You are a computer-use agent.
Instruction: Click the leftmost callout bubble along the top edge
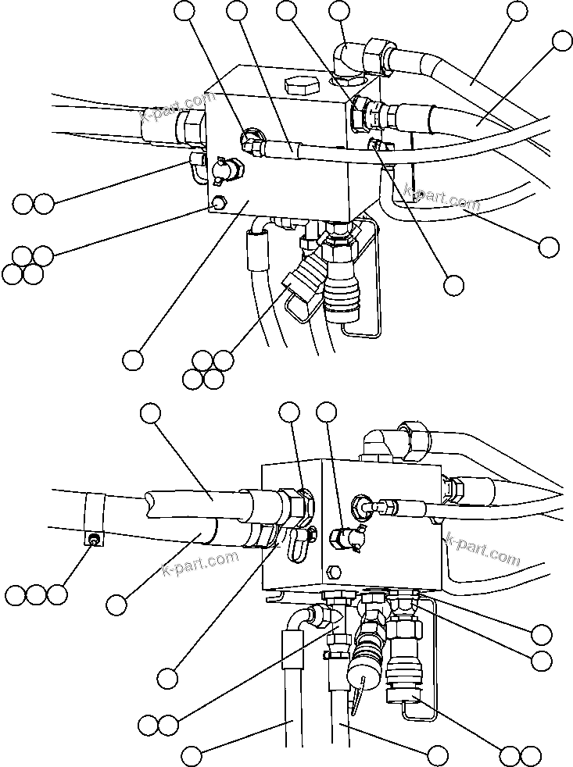click(184, 10)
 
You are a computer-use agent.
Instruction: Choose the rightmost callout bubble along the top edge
click(517, 10)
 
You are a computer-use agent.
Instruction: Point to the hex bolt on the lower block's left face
click(335, 570)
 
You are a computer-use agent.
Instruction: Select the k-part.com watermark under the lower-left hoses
click(200, 562)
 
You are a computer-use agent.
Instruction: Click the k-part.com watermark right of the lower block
click(482, 549)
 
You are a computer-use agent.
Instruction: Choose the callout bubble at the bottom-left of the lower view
click(192, 755)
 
